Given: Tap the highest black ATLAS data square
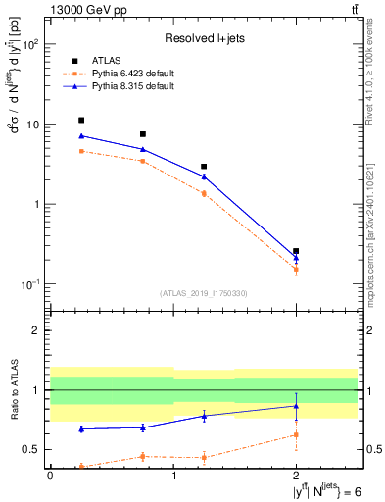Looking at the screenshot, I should pyautogui.click(x=81, y=120).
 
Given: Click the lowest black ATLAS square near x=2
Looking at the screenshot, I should pyautogui.click(x=296, y=251).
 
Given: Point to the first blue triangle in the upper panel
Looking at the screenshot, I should pyautogui.click(x=81, y=136).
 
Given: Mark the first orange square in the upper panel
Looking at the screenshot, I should pyautogui.click(x=81, y=151).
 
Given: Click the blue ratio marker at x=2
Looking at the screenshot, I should pyautogui.click(x=296, y=406).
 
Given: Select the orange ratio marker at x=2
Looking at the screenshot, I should pyautogui.click(x=296, y=434).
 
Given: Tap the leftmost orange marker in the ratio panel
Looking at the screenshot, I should pyautogui.click(x=81, y=467).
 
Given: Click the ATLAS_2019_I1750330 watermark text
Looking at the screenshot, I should pyautogui.click(x=204, y=293).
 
